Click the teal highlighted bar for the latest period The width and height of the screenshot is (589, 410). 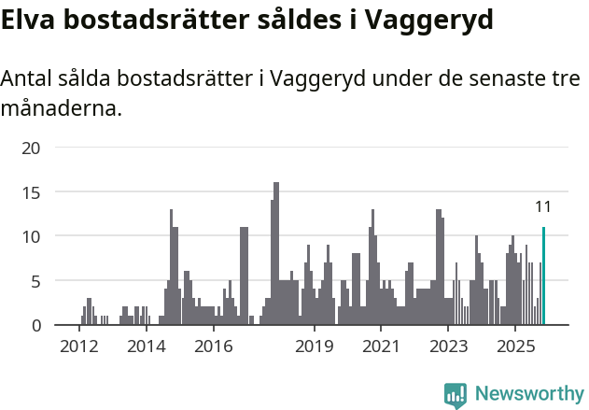tap(543, 276)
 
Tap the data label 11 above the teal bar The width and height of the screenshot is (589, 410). tap(543, 207)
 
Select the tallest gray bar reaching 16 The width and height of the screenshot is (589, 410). tap(276, 253)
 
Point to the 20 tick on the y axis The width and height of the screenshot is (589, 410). tap(32, 148)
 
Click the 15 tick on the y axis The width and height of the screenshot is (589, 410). tap(32, 192)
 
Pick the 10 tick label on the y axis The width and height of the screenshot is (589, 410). tap(32, 236)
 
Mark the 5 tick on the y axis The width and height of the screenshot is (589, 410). tap(36, 281)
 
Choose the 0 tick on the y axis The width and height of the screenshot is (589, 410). tap(36, 325)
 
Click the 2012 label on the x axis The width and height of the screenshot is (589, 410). tap(78, 347)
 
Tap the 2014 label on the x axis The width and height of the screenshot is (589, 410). tap(146, 347)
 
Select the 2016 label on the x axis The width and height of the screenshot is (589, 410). tap(214, 347)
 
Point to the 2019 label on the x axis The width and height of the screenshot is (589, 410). tap(315, 347)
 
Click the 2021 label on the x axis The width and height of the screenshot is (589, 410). tap(381, 347)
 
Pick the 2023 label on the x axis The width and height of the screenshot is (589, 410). tap(448, 347)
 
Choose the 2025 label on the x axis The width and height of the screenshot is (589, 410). tap(515, 347)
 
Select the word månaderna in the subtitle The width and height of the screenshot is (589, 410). tap(62, 109)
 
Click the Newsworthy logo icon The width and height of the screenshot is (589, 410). tap(456, 394)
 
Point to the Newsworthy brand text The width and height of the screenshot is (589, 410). tap(529, 394)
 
